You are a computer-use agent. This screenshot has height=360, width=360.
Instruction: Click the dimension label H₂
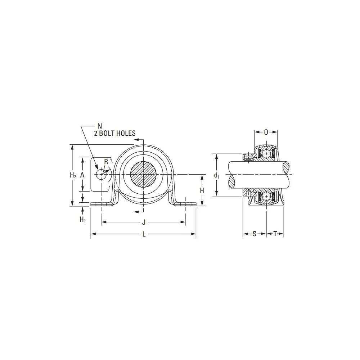tap(73, 175)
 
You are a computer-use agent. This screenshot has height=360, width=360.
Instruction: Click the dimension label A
tap(82, 175)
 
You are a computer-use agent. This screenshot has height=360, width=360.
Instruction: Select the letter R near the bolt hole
tap(106, 162)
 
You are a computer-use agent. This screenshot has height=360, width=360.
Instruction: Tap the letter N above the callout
tap(100, 126)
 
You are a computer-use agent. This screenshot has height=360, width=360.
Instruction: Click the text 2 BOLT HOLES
tap(114, 133)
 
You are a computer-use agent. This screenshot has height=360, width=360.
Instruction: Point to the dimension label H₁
tap(83, 219)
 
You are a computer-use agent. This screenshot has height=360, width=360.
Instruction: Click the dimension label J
tap(144, 222)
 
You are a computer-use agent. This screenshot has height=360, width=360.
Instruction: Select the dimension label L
tap(144, 234)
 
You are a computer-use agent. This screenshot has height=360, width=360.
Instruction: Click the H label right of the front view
tap(202, 190)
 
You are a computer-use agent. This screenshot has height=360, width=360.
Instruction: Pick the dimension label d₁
tap(216, 175)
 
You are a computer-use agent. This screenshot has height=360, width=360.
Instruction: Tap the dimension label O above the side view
tap(266, 132)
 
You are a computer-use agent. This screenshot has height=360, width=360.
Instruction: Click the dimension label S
tap(254, 234)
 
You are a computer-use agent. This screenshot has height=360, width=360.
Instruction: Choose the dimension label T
tap(275, 234)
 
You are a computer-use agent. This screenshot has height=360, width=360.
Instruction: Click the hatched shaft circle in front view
tap(143, 175)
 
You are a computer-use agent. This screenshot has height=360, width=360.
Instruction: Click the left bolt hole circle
tap(101, 174)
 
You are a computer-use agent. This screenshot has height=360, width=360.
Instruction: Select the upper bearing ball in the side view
tap(266, 154)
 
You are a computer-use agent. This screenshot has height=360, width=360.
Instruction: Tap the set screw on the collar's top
tap(248, 157)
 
